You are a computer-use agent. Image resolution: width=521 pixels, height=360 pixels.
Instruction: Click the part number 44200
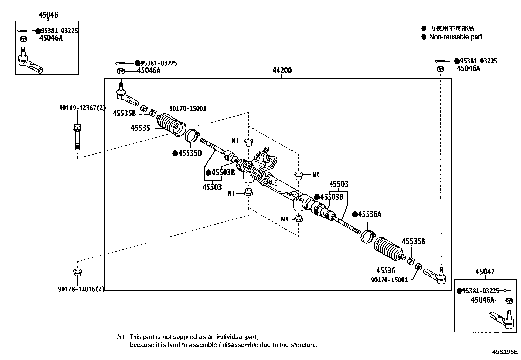point(282,70)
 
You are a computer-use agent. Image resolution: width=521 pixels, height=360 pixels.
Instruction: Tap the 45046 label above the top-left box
point(48,15)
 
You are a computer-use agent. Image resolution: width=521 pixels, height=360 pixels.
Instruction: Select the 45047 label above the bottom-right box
point(485,272)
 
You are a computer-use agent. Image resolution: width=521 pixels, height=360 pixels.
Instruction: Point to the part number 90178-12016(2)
point(81,289)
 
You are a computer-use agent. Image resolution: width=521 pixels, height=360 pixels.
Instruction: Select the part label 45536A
point(369,214)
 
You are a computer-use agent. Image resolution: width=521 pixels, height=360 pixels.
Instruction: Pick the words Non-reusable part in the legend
point(456,37)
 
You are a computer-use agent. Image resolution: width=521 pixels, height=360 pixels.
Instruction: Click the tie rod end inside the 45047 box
point(502,319)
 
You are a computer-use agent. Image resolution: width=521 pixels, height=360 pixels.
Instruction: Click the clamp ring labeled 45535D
point(192,135)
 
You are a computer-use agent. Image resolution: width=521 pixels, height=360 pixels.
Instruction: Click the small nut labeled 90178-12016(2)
point(78,272)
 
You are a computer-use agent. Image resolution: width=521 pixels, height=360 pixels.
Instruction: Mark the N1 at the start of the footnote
point(121,337)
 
